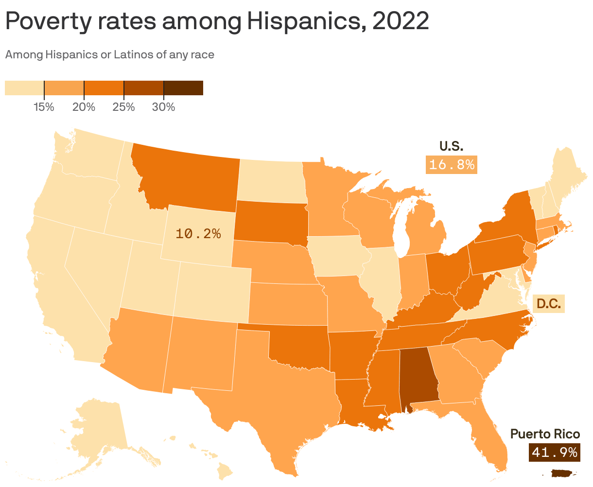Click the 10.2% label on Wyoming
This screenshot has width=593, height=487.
198,234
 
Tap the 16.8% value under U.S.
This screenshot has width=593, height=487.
452,165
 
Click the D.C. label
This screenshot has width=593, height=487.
549,304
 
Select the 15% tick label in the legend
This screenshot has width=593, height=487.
44,107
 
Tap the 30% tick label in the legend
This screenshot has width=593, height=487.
163,107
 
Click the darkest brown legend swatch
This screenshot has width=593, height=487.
183,88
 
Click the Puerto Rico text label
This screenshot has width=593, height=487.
545,434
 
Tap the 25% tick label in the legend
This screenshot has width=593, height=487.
123,107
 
